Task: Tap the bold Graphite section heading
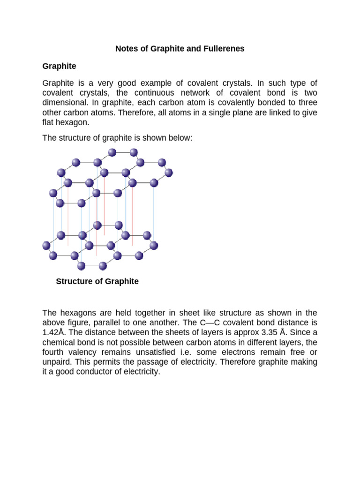[x=59, y=66]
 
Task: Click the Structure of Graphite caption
[x=97, y=282]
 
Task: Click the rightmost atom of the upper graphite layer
[x=169, y=172]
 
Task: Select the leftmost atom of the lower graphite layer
[x=46, y=245]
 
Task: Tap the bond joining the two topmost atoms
[x=123, y=152]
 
